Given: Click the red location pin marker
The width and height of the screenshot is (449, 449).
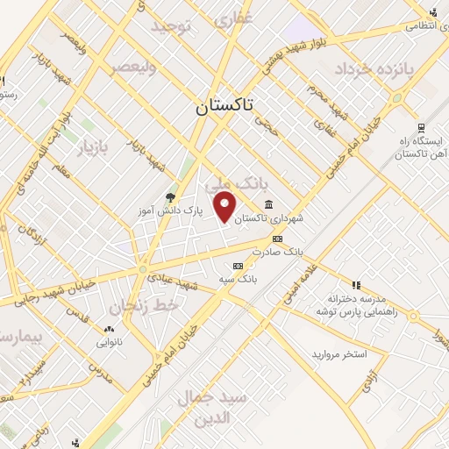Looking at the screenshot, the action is point(226,206).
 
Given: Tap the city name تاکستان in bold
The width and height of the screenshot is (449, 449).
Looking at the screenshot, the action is point(222,106).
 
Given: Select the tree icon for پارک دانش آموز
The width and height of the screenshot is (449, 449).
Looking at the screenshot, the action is point(170,197).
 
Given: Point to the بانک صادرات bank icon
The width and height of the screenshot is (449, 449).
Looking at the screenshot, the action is point(278,238).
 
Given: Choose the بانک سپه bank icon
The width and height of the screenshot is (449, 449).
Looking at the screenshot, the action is point(237,266).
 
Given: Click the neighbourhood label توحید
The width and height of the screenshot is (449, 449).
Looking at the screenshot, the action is point(170,26).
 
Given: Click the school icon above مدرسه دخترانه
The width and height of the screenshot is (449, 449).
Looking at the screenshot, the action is point(356,285).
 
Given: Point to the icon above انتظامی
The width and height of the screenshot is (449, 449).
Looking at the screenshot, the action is point(433,11).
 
